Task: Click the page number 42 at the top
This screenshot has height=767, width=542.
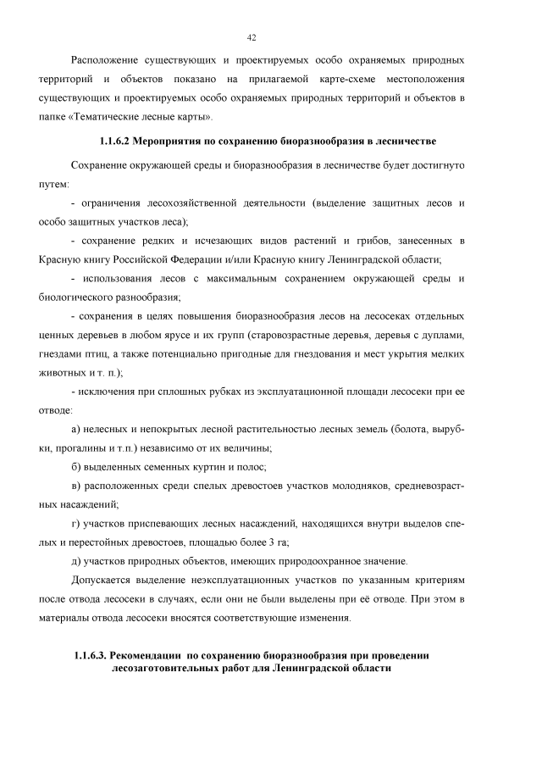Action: click(x=252, y=38)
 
